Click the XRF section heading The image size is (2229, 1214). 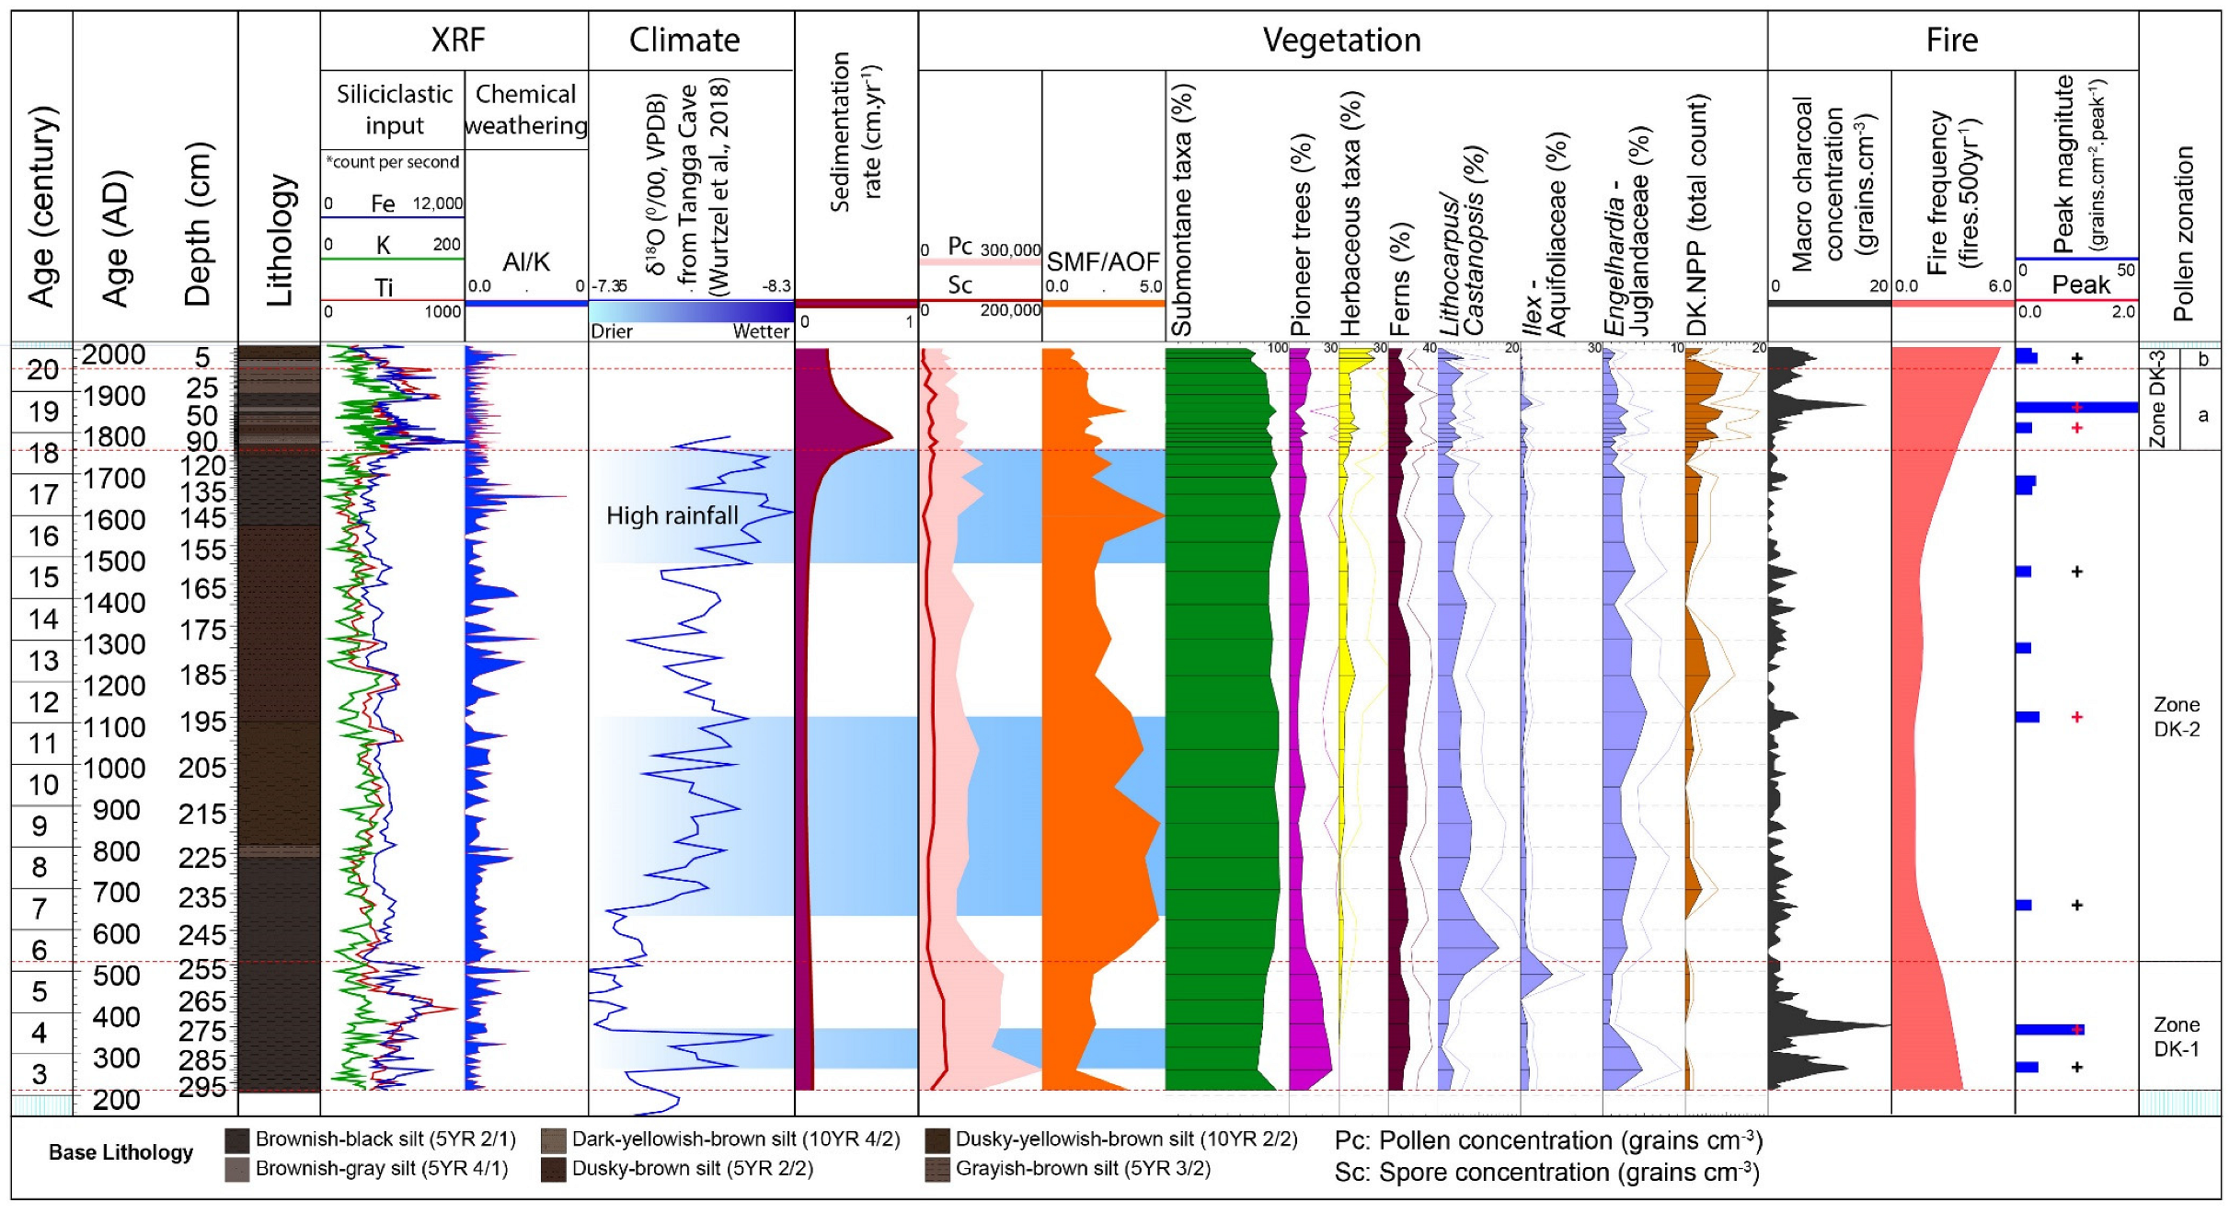[457, 40]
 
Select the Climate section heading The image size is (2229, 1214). [684, 40]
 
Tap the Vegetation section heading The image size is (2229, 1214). [1341, 40]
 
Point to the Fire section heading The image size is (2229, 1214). [1951, 40]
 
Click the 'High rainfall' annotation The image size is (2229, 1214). [672, 515]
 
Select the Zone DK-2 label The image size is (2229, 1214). [2176, 716]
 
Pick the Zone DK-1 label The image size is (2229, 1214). [2176, 1036]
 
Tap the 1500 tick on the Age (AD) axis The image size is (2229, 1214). [115, 561]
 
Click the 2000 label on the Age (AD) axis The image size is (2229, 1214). [115, 354]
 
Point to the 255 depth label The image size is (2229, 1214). [202, 969]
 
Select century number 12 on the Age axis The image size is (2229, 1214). [43, 702]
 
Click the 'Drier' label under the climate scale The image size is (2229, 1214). [612, 331]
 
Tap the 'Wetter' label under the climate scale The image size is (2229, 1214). [761, 331]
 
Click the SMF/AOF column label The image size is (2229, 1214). [1103, 262]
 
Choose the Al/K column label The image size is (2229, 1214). [525, 262]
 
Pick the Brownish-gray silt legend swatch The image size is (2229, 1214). [237, 1169]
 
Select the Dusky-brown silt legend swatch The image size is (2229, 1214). [553, 1169]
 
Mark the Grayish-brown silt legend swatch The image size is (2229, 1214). [937, 1169]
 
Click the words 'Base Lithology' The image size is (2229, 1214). [121, 1152]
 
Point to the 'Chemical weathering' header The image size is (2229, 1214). [525, 110]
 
